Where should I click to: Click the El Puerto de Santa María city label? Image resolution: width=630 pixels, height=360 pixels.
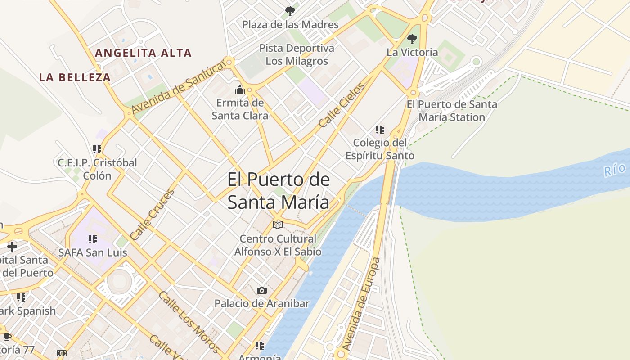[278, 191]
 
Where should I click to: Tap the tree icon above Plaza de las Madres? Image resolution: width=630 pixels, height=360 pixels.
[290, 11]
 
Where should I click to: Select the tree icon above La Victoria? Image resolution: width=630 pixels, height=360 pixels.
[412, 39]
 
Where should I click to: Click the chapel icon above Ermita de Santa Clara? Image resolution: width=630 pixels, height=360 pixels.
[240, 89]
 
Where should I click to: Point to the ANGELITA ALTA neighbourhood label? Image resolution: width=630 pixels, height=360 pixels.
[143, 53]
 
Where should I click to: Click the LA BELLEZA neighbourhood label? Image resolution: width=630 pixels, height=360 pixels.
[75, 77]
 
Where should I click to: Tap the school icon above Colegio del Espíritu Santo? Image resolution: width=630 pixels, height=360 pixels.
[380, 130]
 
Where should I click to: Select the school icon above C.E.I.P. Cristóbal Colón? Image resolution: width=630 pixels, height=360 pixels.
[97, 149]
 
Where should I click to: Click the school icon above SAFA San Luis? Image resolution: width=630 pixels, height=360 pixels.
[93, 239]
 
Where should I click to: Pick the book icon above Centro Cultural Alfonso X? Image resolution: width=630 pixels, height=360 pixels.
[278, 225]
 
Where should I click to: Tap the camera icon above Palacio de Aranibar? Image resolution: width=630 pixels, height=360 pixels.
[261, 290]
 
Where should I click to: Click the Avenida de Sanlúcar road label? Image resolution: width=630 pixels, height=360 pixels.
[178, 87]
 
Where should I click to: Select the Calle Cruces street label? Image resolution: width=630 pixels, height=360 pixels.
[152, 215]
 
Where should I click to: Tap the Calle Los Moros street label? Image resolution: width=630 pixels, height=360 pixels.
[189, 322]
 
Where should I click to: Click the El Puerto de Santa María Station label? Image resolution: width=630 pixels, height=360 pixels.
[452, 111]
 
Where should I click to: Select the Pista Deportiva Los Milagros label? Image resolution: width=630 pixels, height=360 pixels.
[297, 54]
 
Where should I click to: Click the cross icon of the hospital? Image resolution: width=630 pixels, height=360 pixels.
[12, 246]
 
